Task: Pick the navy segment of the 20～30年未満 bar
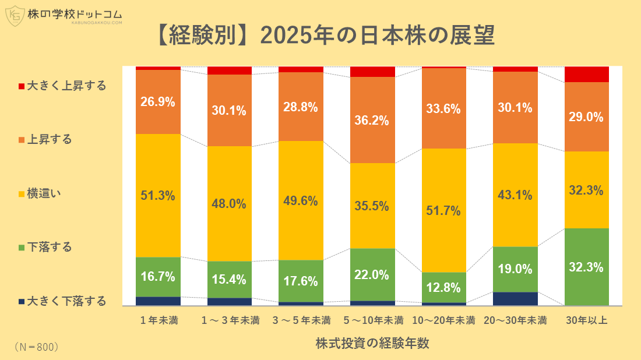pos(515,298)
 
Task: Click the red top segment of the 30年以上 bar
pos(587,74)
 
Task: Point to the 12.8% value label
pos(444,287)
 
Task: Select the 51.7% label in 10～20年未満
pos(444,210)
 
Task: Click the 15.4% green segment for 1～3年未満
pos(230,280)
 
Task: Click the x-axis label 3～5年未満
pos(301,320)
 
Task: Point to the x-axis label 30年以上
pos(587,320)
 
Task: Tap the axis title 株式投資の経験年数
pos(372,343)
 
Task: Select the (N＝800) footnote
pos(36,347)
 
